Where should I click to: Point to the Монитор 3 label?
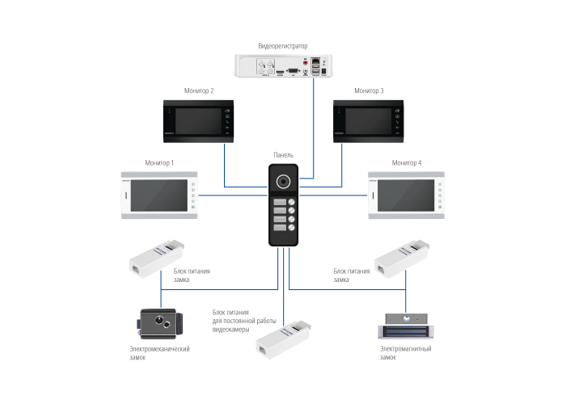(x=370, y=91)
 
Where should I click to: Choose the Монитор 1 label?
(x=159, y=162)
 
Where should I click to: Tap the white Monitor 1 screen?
(x=154, y=195)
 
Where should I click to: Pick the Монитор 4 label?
(x=407, y=162)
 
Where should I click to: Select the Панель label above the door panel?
(x=283, y=154)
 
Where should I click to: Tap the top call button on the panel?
(x=283, y=202)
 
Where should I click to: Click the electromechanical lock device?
(x=159, y=322)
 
